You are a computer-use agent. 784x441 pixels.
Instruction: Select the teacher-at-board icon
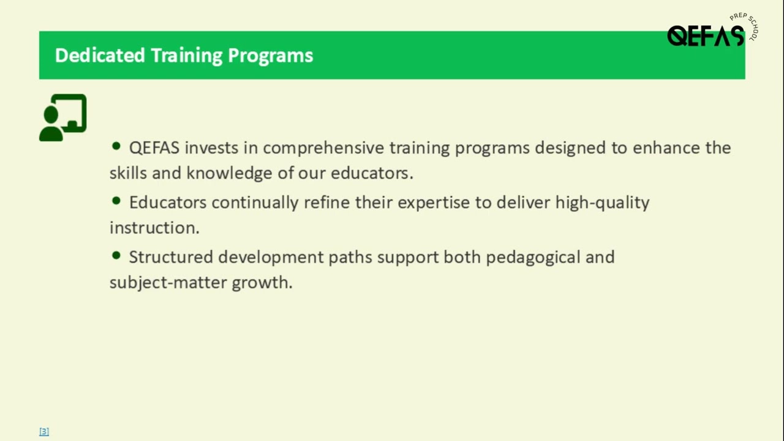[63, 118]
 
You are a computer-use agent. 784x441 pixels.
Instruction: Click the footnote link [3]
[44, 432]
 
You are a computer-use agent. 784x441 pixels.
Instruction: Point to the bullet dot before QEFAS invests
[116, 146]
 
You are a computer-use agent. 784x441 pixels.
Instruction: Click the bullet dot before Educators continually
[116, 201]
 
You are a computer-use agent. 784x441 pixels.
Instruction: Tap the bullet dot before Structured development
[116, 255]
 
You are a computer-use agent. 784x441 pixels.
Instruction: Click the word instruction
[154, 228]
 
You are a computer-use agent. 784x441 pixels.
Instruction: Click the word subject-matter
[168, 282]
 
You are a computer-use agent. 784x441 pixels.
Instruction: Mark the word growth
[262, 282]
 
